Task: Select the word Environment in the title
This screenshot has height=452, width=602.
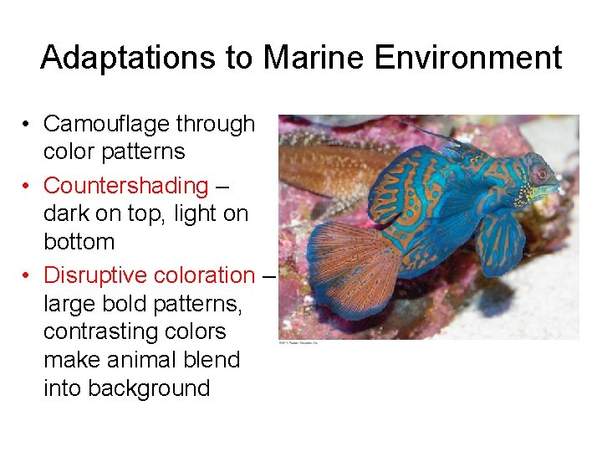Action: tap(468, 58)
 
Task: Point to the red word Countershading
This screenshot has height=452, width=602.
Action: tap(125, 185)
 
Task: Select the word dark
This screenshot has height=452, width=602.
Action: tap(68, 213)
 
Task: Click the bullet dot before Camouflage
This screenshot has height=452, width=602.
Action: tap(28, 125)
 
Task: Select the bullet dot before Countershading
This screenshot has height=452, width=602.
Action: tap(28, 186)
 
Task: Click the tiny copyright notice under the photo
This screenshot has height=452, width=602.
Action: tap(299, 342)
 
